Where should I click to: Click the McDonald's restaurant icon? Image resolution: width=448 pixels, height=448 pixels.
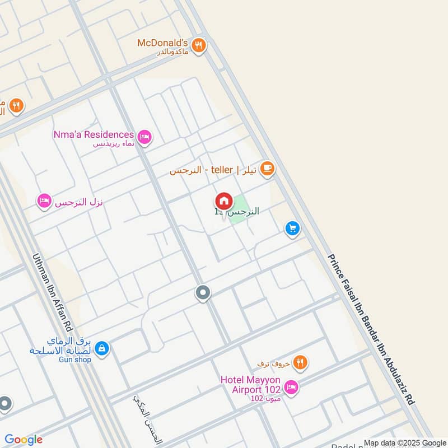click(x=198, y=45)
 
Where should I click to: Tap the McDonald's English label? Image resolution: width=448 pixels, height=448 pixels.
click(x=163, y=43)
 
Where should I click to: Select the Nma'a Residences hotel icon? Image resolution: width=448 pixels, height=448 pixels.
click(x=144, y=136)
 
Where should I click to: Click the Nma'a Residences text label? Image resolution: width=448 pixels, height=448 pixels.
click(x=94, y=134)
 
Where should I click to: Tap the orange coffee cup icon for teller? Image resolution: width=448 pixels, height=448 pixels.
click(x=267, y=169)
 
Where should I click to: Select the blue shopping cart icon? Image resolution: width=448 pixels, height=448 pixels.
click(x=292, y=228)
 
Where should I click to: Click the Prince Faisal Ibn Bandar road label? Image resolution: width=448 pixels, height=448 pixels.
click(x=371, y=329)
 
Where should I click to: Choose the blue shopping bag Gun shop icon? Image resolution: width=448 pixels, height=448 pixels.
click(x=101, y=348)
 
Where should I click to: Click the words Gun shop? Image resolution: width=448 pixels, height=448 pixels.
click(x=74, y=360)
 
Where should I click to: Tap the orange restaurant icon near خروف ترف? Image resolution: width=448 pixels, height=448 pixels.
click(x=301, y=363)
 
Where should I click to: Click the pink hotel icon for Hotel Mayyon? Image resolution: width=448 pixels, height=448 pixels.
click(x=291, y=387)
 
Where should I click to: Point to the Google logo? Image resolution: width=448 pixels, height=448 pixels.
click(x=24, y=440)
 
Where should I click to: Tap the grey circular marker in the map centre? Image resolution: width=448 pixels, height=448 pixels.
click(x=203, y=292)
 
